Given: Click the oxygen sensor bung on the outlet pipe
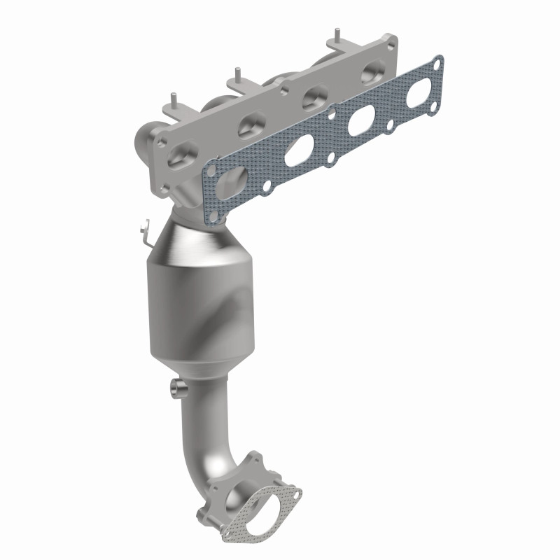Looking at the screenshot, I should [x=178, y=386].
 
